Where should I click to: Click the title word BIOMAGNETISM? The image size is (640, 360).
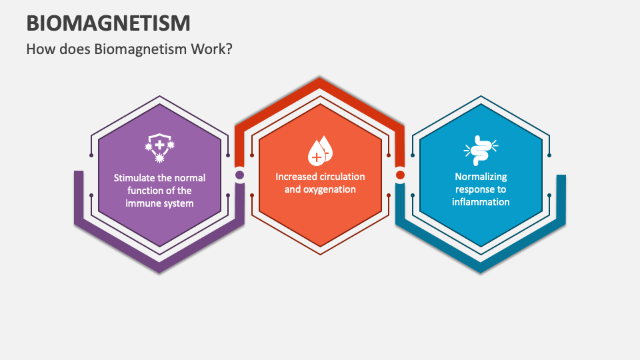point(108,23)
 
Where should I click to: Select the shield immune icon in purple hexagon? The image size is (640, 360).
point(159,149)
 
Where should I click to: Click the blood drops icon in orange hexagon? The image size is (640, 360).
point(319,151)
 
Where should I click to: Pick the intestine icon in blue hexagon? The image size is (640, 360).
point(481,151)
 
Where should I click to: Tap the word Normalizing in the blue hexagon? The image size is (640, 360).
point(481,177)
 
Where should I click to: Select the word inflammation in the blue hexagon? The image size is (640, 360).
point(481,202)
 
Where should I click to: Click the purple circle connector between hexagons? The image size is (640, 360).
point(239,175)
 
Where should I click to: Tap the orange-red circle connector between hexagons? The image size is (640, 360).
point(400,175)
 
